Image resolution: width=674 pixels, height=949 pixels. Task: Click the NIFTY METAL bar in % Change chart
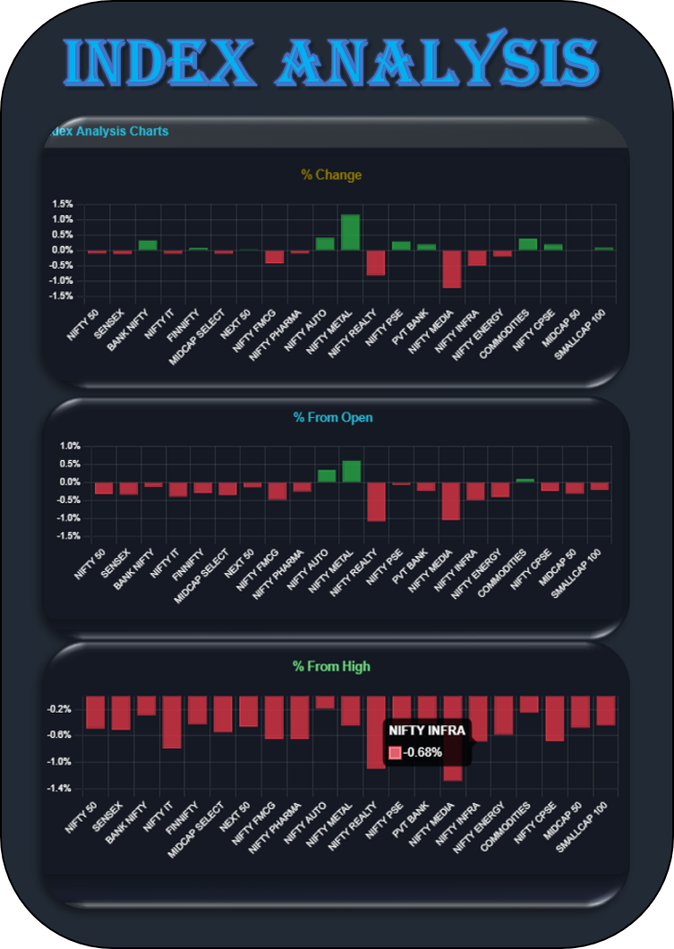coord(350,232)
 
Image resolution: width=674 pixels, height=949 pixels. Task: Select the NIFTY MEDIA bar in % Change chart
coord(451,269)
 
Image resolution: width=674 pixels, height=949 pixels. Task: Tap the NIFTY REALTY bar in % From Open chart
coord(376,501)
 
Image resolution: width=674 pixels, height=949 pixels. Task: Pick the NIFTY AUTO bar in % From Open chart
coord(327,475)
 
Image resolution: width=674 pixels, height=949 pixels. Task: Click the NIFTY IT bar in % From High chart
coord(172,722)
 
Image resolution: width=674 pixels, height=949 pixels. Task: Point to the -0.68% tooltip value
coord(422,752)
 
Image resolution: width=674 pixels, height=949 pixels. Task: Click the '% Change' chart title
coord(331,175)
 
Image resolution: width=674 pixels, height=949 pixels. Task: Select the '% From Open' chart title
coord(333,417)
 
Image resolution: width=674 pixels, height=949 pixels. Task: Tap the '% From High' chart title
coord(331,666)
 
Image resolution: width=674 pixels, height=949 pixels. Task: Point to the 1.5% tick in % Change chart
coord(62,204)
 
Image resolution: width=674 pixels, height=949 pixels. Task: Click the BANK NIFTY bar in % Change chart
coord(147,244)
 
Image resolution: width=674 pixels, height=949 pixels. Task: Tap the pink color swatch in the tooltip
coord(395,752)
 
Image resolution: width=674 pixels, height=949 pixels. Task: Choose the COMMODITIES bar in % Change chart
coord(528,244)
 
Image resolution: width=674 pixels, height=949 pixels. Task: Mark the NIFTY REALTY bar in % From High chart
coord(376,731)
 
